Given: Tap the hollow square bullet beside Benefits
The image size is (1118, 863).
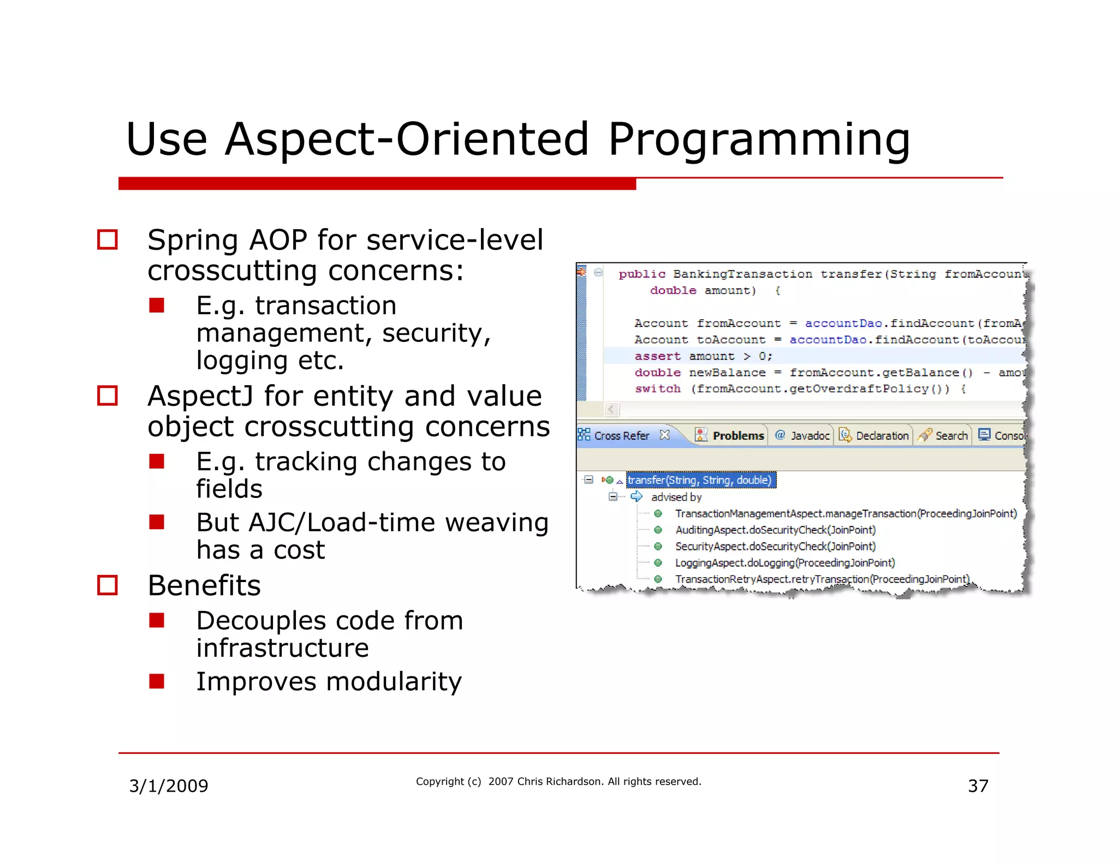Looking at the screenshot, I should click(x=108, y=585).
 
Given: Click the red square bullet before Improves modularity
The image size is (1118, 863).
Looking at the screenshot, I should click(x=157, y=681).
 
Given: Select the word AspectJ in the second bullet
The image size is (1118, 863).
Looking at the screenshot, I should click(x=200, y=396).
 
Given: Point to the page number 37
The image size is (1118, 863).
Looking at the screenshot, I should click(x=978, y=786).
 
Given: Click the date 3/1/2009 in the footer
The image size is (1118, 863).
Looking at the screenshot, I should click(x=168, y=786).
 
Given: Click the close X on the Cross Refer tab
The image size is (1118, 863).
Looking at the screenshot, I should click(x=664, y=435).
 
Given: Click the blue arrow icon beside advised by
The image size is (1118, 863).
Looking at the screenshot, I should click(x=637, y=496).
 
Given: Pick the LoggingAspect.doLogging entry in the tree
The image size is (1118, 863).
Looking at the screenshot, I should click(x=784, y=562).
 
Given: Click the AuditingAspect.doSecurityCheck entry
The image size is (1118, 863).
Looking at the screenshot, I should click(x=775, y=530).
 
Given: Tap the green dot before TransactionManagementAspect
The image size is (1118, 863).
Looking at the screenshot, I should click(x=658, y=513).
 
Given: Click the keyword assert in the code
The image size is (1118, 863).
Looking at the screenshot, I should click(x=657, y=356).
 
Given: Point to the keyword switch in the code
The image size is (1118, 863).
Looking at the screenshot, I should click(x=657, y=389).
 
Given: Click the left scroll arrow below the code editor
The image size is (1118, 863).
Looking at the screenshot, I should click(x=611, y=409).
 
